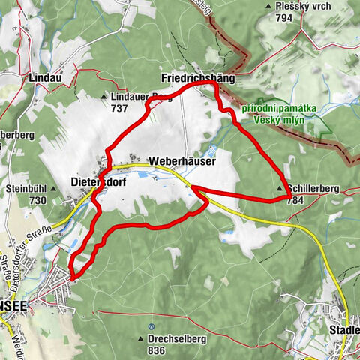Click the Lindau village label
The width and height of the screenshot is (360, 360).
(44, 77)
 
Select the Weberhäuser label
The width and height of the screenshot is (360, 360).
(182, 161)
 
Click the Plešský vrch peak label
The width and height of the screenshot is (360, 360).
(302, 6)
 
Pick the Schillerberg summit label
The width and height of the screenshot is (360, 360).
(313, 190)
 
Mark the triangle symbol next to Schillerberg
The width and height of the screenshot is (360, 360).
(280, 190)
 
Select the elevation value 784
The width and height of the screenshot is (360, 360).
(296, 200)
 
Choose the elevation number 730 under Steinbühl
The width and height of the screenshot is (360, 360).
(37, 200)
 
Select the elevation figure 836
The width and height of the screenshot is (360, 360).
(156, 350)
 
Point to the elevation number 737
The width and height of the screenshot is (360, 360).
(118, 107)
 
